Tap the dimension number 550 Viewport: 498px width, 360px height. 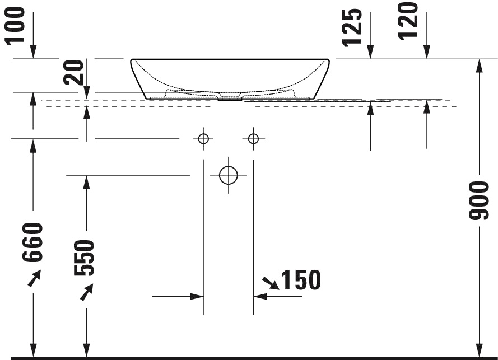click(x=85, y=258)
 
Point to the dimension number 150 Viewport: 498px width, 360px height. click(x=301, y=280)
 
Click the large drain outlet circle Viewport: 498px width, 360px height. click(x=229, y=175)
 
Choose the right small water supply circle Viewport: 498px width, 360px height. click(x=254, y=138)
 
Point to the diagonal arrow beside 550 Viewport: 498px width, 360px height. click(x=86, y=292)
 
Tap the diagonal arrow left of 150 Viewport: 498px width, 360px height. click(x=271, y=283)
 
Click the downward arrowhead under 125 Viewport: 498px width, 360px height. click(x=370, y=52)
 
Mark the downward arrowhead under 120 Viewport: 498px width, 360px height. click(x=427, y=52)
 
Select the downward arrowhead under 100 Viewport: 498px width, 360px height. click(x=34, y=52)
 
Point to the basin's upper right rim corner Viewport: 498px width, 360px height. click(x=329, y=60)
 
